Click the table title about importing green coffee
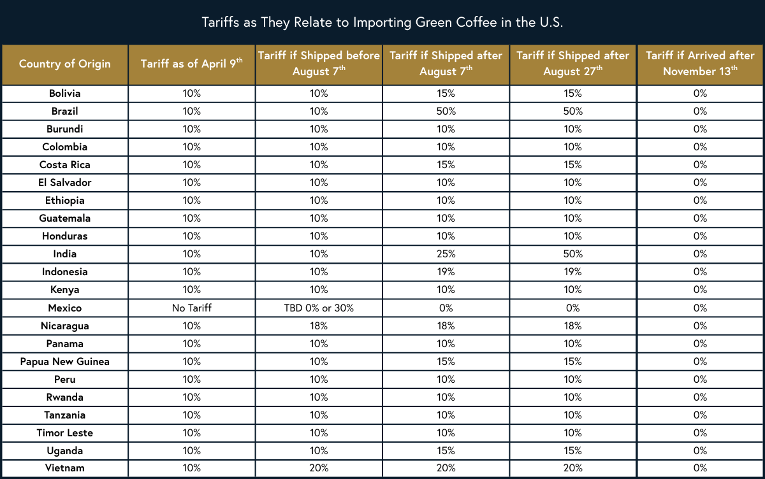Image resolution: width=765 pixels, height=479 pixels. pyautogui.click(x=382, y=22)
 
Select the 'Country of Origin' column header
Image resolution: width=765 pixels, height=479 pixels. pyautogui.click(x=64, y=64)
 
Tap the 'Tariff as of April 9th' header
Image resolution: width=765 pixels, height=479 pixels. pyautogui.click(x=192, y=64)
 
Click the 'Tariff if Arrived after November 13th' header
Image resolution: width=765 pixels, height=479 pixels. pyautogui.click(x=700, y=64)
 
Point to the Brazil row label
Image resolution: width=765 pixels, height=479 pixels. pyautogui.click(x=64, y=111)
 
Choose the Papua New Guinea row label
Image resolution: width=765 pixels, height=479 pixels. pyautogui.click(x=64, y=362)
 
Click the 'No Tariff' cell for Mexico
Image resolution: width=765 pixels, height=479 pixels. pyautogui.click(x=192, y=308)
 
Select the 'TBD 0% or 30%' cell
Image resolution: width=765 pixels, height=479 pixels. pyautogui.click(x=319, y=308)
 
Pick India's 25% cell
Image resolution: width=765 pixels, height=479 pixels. pyautogui.click(x=446, y=254)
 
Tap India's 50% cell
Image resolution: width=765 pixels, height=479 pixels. pyautogui.click(x=572, y=254)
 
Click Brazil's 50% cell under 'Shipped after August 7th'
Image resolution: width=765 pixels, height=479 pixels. pyautogui.click(x=446, y=111)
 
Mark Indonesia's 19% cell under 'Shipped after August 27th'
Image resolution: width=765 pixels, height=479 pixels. pyautogui.click(x=572, y=272)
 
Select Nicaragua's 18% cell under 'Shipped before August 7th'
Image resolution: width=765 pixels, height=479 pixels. pyautogui.click(x=319, y=326)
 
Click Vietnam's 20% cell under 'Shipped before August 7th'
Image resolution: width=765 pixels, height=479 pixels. pyautogui.click(x=319, y=469)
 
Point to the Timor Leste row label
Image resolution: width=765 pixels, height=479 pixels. pyautogui.click(x=64, y=433)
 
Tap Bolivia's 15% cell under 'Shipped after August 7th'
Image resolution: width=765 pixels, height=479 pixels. pyautogui.click(x=446, y=94)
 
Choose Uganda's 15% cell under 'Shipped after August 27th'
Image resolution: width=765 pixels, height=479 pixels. pyautogui.click(x=572, y=451)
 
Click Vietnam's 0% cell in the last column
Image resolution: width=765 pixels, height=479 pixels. pyautogui.click(x=700, y=469)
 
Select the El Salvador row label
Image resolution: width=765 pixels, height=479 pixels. pyautogui.click(x=64, y=183)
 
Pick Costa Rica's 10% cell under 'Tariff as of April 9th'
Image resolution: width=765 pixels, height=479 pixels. pyautogui.click(x=192, y=165)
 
